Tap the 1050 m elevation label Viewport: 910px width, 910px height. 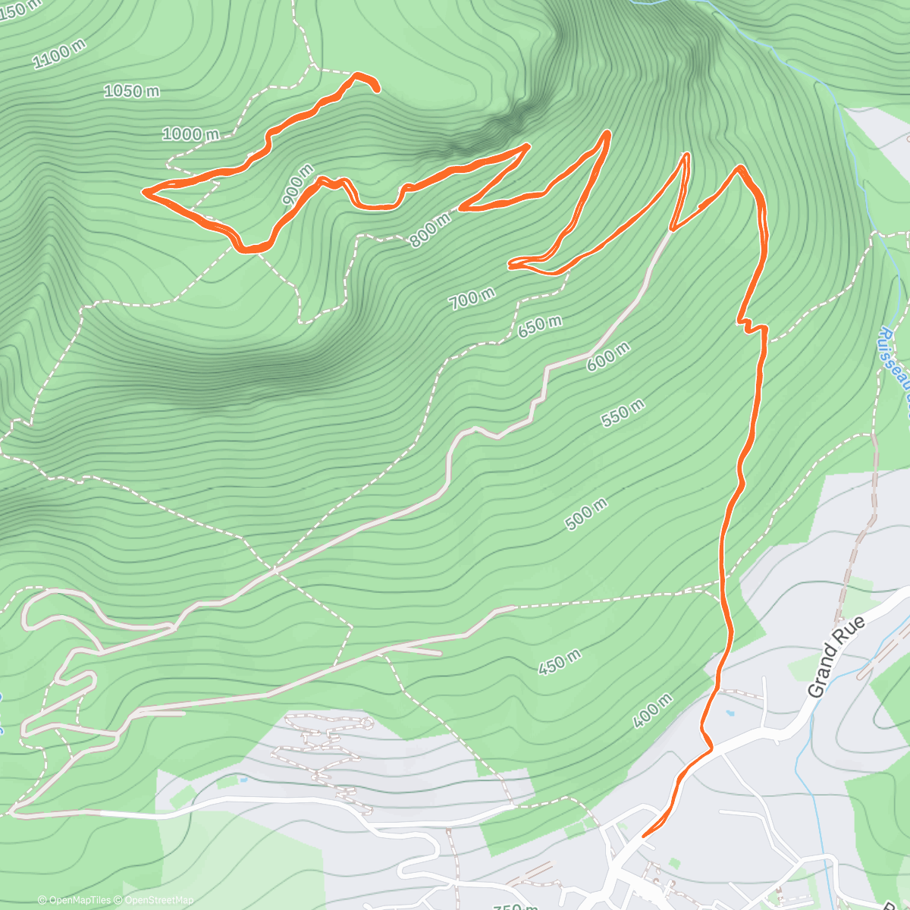(x=131, y=91)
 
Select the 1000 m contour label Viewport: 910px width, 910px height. (x=190, y=134)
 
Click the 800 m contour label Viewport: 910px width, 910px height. (x=430, y=230)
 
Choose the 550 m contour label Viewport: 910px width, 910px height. (x=623, y=412)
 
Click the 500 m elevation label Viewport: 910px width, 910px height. (x=586, y=514)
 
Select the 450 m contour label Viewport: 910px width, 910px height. (x=560, y=662)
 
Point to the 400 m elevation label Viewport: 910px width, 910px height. (x=651, y=711)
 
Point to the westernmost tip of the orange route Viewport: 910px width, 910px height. (x=144, y=191)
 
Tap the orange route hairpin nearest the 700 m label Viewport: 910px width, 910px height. (x=510, y=265)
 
